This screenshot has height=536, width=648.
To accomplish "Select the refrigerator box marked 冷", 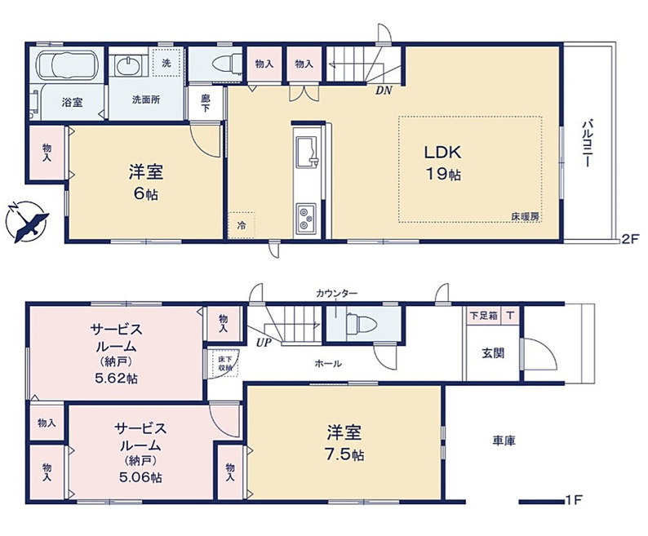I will tap(242, 224).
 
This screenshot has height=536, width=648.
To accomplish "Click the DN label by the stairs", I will tap(383, 91).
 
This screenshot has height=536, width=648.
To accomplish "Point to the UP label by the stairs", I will tap(264, 343).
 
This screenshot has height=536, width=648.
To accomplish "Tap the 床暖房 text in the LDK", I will tap(525, 216).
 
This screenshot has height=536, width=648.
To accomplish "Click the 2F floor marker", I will tap(628, 239).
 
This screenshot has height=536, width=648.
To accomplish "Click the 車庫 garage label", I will tap(503, 441).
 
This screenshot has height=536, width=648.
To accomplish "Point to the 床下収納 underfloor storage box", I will tap(225, 363).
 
